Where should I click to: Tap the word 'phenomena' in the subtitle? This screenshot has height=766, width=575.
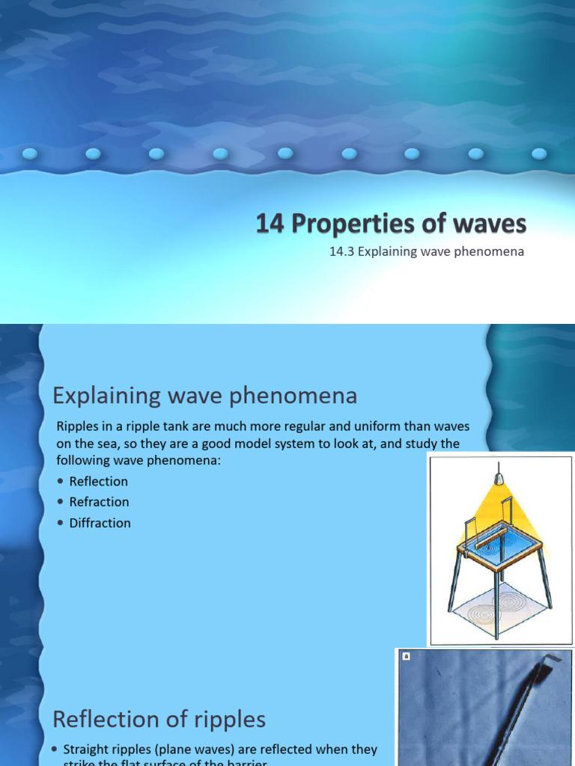pos(490,251)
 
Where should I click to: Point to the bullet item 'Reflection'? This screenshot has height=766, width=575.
pos(98,481)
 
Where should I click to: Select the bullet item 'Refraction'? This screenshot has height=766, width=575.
pos(99,502)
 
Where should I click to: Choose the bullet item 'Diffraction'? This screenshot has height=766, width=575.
pos(100,523)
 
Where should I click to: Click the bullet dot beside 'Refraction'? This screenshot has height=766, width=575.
pos(61,502)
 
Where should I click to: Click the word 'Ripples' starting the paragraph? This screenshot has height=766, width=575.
pos(76,426)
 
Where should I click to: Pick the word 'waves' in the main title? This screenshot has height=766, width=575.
pos(492,224)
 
